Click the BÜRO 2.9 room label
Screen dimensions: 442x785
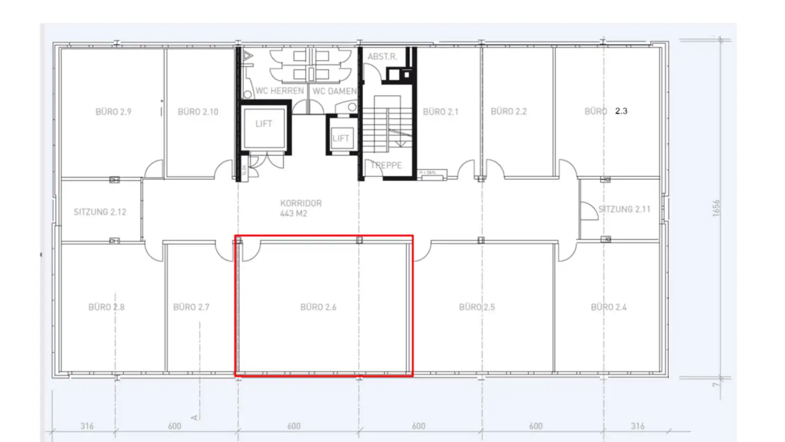[x=113, y=112]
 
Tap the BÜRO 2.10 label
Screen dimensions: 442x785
[x=198, y=112]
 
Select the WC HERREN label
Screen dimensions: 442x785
[x=279, y=91]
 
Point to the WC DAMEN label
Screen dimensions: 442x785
[x=334, y=91]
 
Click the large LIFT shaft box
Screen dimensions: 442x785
[x=263, y=128]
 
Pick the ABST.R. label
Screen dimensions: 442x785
[x=382, y=57]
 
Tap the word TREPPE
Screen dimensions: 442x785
[x=386, y=165]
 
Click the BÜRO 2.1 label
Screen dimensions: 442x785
[x=440, y=112]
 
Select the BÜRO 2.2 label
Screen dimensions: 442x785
[x=509, y=111]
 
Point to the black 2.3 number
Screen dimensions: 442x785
[x=621, y=111]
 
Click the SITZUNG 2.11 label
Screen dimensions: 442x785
[x=624, y=209]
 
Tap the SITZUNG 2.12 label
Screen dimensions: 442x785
[x=100, y=212]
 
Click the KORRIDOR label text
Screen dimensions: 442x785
[x=301, y=203]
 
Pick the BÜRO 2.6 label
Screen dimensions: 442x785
[x=318, y=307]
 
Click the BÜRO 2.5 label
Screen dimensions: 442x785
[x=477, y=307]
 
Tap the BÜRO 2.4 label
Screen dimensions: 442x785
[x=609, y=307]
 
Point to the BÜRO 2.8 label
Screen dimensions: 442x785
[x=106, y=307]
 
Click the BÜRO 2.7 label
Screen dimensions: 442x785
[x=191, y=307]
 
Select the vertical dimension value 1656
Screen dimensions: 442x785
[x=716, y=208]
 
